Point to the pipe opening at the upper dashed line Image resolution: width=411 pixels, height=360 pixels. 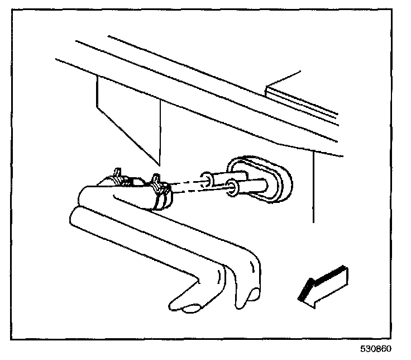[207, 178]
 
